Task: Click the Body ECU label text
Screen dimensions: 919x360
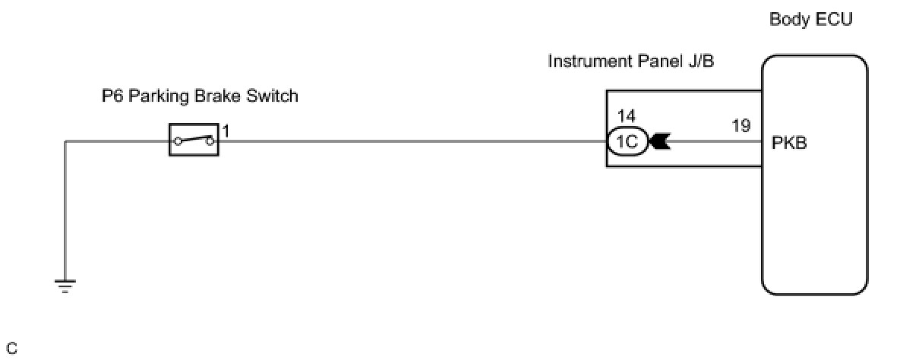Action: pyautogui.click(x=810, y=20)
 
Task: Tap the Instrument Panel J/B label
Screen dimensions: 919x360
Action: pyautogui.click(x=630, y=62)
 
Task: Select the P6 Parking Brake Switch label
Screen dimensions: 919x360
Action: pyautogui.click(x=200, y=96)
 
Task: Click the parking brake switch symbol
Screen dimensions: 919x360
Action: pyautogui.click(x=193, y=141)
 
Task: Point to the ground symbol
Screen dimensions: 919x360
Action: pyautogui.click(x=65, y=286)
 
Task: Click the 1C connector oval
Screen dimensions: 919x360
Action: pyautogui.click(x=627, y=141)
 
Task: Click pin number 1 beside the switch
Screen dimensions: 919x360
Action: pyautogui.click(x=226, y=131)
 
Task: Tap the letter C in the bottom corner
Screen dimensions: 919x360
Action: pyautogui.click(x=11, y=349)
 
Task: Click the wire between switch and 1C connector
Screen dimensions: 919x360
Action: pyautogui.click(x=410, y=141)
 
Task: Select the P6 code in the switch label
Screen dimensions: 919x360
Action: pyautogui.click(x=111, y=96)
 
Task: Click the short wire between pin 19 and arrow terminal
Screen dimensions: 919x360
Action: pyautogui.click(x=714, y=141)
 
